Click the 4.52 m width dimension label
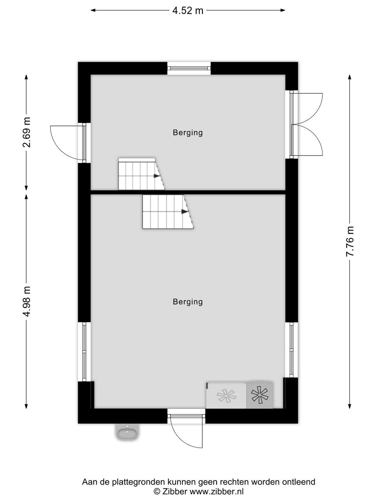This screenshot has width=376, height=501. [x=188, y=11]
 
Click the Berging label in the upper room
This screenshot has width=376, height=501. [x=188, y=133]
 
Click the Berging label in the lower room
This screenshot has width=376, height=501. [x=188, y=302]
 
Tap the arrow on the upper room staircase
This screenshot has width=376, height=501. [x=157, y=176]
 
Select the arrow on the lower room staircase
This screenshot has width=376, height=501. [x=185, y=212]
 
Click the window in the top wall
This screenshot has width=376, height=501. [x=189, y=68]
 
